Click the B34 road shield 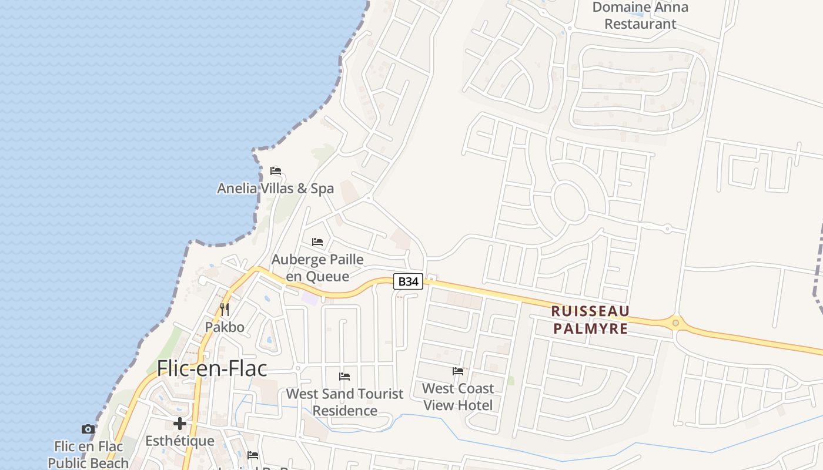click(x=408, y=281)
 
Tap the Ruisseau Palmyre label click(x=591, y=320)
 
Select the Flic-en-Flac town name click(x=212, y=368)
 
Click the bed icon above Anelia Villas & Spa click(x=276, y=171)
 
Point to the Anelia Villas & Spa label click(x=275, y=189)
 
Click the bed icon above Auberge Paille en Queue click(x=317, y=241)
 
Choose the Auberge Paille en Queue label click(x=317, y=267)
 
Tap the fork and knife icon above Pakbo click(x=224, y=309)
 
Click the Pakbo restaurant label click(x=225, y=327)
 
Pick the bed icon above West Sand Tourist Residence click(x=344, y=376)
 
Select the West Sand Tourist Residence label click(x=344, y=402)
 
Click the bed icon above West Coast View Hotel click(x=458, y=371)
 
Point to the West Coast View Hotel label click(x=458, y=397)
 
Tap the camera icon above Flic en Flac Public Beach click(x=88, y=429)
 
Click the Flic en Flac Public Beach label click(x=88, y=455)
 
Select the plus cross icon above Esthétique click(x=180, y=423)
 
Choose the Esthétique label click(x=180, y=441)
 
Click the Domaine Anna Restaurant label click(x=640, y=16)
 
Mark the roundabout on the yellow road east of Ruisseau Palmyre click(x=676, y=322)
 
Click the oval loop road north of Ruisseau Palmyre click(x=570, y=202)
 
